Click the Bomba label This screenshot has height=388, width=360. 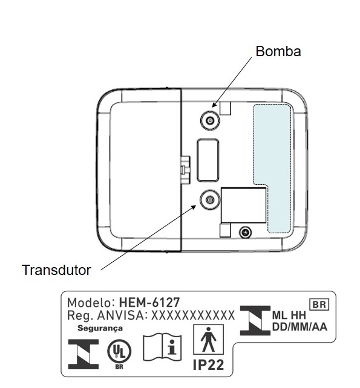(278, 51)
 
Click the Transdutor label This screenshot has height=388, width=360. (56, 270)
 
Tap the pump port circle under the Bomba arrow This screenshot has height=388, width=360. (210, 120)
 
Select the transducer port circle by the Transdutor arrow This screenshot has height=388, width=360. (210, 199)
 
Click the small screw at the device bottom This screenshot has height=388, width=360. (245, 233)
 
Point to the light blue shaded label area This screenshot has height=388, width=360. (272, 168)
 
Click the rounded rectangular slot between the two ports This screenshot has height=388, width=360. (208, 160)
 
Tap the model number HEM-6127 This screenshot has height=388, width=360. (149, 302)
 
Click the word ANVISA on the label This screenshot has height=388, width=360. (120, 315)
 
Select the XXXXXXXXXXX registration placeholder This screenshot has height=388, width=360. (193, 315)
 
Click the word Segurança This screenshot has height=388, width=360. (100, 328)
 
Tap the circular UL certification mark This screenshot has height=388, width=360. (119, 351)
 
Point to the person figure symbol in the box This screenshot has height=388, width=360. (208, 339)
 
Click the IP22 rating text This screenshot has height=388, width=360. (208, 365)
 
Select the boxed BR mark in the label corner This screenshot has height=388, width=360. (319, 305)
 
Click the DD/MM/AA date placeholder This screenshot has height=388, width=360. (299, 326)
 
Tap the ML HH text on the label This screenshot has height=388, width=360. (289, 315)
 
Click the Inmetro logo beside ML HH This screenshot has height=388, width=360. (255, 321)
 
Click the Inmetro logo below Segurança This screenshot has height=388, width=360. (83, 354)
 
